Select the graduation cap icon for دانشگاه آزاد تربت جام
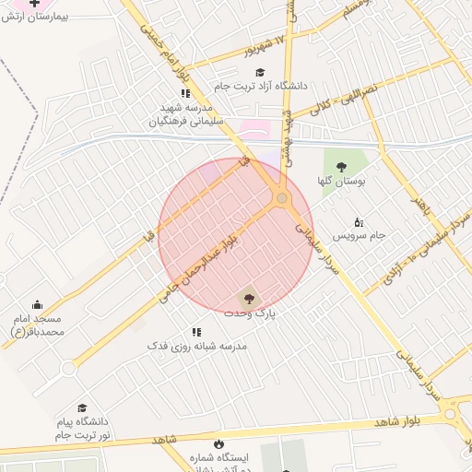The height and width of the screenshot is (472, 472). (x=260, y=72)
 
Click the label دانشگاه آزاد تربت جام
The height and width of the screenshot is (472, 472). (x=260, y=86)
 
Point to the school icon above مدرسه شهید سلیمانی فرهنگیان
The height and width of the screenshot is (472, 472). (x=185, y=93)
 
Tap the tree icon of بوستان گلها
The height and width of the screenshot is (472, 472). (x=342, y=167)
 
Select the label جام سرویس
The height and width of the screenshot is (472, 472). (x=359, y=236)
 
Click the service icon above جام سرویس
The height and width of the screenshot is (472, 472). (x=359, y=221)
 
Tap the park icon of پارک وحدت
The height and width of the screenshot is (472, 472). (x=247, y=297)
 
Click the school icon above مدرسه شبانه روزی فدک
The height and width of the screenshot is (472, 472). (x=196, y=331)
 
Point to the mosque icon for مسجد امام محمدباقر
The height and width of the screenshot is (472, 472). (x=37, y=305)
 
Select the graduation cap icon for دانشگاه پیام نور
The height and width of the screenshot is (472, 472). (x=82, y=407)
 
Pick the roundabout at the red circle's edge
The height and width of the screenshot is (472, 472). (x=281, y=197)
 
